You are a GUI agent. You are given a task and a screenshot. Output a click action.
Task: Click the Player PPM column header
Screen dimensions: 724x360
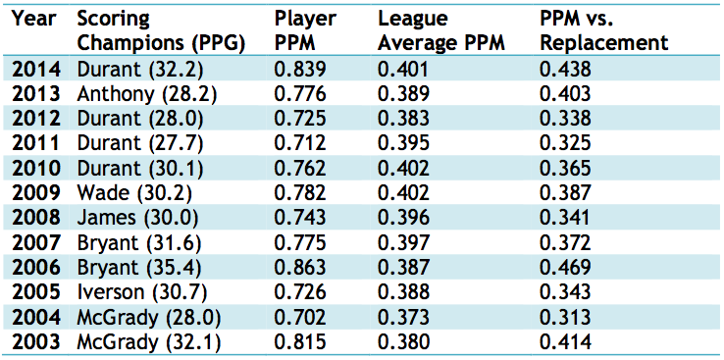click(305, 31)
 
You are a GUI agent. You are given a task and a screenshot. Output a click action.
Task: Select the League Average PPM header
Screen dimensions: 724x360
click(441, 31)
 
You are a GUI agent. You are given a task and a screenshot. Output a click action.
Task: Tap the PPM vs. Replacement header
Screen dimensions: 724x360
click(604, 31)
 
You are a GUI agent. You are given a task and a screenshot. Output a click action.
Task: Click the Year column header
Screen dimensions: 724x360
click(34, 20)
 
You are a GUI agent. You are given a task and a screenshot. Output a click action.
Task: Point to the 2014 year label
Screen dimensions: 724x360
click(36, 70)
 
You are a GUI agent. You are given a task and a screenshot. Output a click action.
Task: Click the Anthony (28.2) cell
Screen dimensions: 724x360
click(147, 94)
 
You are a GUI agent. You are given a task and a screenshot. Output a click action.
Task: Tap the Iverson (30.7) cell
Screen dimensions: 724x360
click(141, 292)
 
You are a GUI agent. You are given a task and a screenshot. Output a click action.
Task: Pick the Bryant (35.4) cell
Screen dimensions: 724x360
click(140, 268)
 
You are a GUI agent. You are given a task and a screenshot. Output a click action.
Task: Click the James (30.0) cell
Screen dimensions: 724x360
click(133, 219)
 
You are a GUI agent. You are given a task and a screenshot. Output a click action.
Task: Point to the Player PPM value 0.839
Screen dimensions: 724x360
click(300, 70)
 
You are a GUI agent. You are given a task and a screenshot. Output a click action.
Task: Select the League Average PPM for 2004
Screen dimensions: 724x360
click(403, 317)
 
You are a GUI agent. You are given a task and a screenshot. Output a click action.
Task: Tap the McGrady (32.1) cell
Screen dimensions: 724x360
click(148, 342)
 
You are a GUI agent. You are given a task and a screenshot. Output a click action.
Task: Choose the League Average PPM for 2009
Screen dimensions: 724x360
click(403, 193)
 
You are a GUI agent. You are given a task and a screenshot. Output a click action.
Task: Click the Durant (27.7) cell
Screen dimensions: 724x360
click(140, 144)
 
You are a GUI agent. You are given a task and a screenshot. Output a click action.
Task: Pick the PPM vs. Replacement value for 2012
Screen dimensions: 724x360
click(565, 119)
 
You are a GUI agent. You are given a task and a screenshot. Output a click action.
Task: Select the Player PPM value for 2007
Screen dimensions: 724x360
click(300, 242)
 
